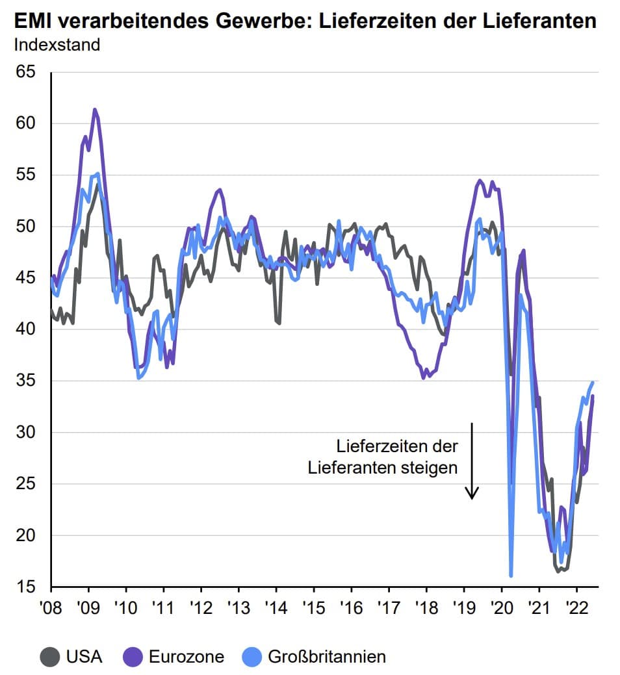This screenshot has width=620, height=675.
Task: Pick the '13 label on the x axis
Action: coord(238,605)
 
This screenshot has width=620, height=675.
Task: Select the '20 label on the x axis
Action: coord(501,605)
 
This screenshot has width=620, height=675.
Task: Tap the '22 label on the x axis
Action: coord(576,605)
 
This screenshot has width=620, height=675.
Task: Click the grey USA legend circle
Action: coord(50,657)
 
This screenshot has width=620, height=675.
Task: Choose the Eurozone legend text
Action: coord(186,657)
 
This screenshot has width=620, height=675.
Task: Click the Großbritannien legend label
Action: coord(327,657)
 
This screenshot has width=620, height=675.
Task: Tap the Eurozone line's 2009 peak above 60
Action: coord(95,110)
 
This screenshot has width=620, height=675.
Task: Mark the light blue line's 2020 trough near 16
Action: coord(511,575)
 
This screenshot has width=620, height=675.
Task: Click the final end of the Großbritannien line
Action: coord(593,382)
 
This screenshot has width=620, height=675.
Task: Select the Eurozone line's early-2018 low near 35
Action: coord(424,377)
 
